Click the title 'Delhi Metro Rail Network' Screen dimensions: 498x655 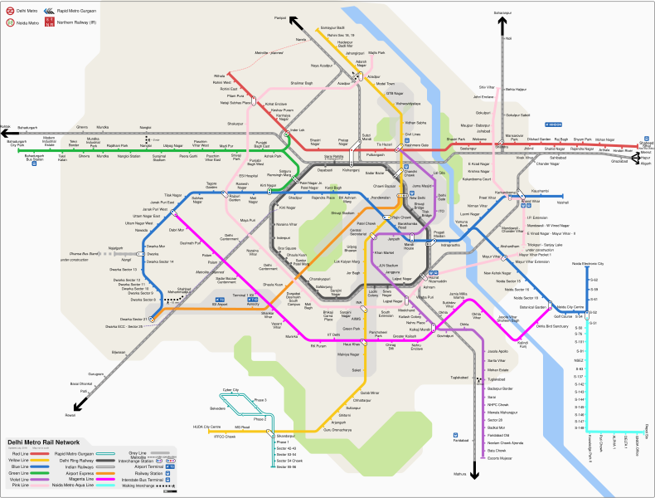(x=43, y=442)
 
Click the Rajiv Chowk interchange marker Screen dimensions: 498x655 (x=383, y=217)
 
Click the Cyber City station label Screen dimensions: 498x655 (x=230, y=389)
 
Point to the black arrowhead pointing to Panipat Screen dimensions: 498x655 (x=294, y=22)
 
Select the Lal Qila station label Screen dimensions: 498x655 (x=440, y=173)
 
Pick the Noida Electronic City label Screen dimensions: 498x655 (x=589, y=263)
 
